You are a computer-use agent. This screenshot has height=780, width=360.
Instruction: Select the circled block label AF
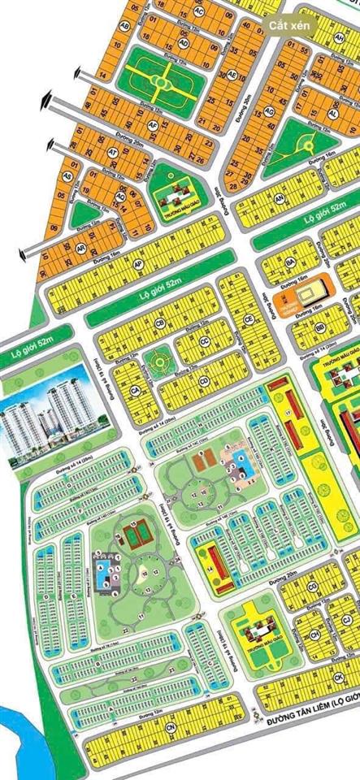[152, 125]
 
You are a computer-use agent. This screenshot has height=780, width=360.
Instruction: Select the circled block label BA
[288, 262]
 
